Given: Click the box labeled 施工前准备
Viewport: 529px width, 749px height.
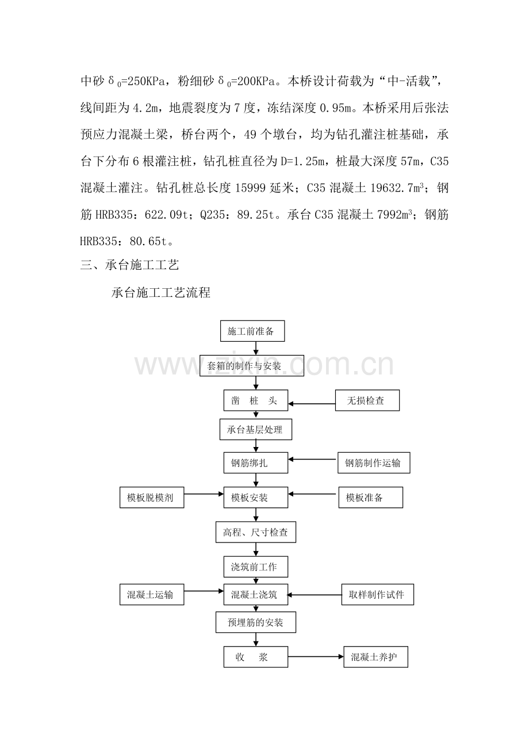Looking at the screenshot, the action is [x=252, y=331].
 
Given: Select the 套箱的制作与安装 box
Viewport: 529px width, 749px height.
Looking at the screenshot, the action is [x=252, y=365].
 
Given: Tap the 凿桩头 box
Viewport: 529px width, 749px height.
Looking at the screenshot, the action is [x=256, y=400].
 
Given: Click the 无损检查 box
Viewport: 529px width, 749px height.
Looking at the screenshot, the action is [x=367, y=400].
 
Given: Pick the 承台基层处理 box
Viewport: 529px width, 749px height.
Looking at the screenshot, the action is [x=256, y=429].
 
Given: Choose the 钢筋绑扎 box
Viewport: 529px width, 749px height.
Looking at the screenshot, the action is [x=256, y=463].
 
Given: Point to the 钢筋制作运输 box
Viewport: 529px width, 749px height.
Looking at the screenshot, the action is [x=374, y=463].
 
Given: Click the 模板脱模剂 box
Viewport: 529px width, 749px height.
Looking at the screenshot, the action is [x=152, y=498].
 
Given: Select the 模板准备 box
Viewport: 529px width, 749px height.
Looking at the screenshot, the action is [x=371, y=498].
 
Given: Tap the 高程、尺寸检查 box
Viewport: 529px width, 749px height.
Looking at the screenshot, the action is [x=256, y=532].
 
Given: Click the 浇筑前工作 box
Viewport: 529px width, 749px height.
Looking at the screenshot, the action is [x=256, y=567].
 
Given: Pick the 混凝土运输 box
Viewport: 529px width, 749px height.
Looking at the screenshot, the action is [x=152, y=594].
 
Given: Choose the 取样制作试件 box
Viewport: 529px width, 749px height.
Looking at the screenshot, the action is [x=378, y=594].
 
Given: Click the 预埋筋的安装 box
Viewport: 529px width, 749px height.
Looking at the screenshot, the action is [x=256, y=622].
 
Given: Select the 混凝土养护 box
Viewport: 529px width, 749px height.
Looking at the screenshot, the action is [x=375, y=657].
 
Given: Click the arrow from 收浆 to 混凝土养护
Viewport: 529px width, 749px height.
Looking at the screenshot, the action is [x=316, y=657].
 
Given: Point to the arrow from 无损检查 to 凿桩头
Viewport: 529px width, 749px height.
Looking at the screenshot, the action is [x=312, y=404].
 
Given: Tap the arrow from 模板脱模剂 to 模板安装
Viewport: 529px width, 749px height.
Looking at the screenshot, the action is [x=204, y=494].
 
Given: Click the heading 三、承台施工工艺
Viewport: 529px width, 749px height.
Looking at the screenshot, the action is [x=130, y=265].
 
